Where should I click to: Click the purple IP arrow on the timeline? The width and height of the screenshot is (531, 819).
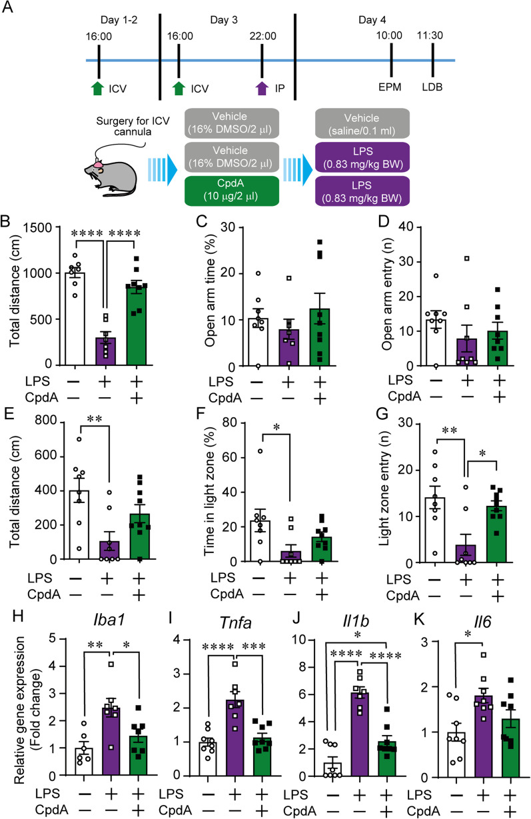click(263, 87)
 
